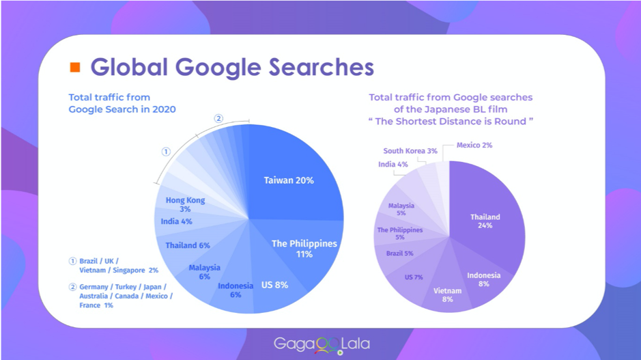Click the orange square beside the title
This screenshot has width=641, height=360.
(x=75, y=67)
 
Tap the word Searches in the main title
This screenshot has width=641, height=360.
(x=322, y=67)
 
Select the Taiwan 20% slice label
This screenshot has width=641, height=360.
(x=289, y=180)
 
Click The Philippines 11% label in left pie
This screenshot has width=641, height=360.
(x=304, y=249)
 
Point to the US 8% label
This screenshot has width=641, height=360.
(x=274, y=285)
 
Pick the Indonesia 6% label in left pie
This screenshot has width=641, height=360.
(x=236, y=290)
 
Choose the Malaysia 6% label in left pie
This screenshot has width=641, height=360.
(x=204, y=272)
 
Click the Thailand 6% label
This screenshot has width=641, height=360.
(x=188, y=245)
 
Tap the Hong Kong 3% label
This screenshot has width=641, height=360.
(x=185, y=204)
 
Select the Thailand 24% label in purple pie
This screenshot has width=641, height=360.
(x=485, y=221)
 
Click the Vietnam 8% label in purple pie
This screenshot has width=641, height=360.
(x=447, y=295)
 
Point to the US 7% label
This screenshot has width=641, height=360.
(x=414, y=277)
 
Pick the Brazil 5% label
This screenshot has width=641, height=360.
(x=399, y=253)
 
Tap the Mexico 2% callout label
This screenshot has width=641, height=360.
(x=474, y=146)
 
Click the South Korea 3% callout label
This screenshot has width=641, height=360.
(x=410, y=150)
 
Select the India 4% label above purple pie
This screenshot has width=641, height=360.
(x=393, y=165)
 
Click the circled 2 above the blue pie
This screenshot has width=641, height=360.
(x=218, y=119)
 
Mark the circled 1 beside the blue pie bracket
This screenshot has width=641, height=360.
(x=166, y=152)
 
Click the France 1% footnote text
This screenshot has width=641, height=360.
(x=96, y=305)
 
